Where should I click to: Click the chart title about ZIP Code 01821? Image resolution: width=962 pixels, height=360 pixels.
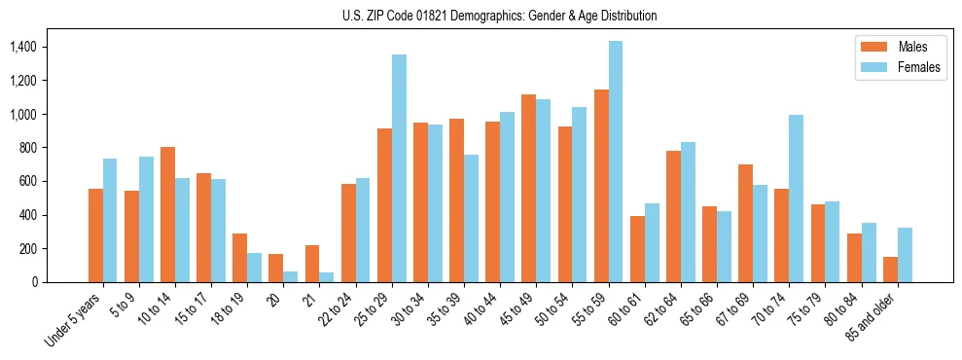(499, 16)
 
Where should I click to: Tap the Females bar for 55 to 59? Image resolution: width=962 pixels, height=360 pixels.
(616, 162)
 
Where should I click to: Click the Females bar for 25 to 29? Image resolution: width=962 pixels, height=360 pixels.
(399, 168)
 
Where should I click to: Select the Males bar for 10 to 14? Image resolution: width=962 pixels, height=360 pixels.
(167, 214)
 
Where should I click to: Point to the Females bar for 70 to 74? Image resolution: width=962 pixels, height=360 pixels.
(796, 198)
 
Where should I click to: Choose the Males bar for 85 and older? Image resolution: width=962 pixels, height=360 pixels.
(890, 270)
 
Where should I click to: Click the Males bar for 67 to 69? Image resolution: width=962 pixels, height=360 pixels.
(745, 223)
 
